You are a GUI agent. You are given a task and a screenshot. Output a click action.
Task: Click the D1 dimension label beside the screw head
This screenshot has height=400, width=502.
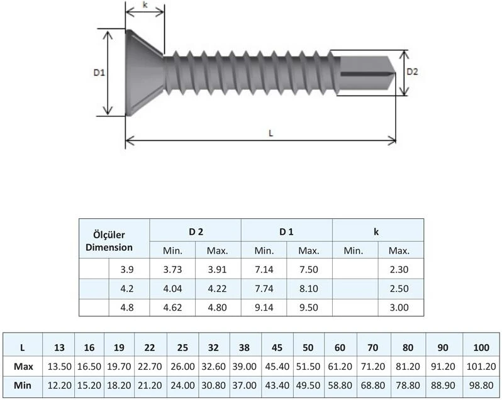coord(98,73)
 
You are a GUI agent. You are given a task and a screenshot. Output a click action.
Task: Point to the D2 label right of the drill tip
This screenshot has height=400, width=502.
coord(412,72)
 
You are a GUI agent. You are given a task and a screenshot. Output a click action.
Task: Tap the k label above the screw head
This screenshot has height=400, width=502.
coord(145,4)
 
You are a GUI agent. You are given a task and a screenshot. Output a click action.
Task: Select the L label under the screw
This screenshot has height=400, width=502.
coord(270,133)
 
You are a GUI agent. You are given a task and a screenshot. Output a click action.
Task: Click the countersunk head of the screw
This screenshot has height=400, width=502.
coord(143,72)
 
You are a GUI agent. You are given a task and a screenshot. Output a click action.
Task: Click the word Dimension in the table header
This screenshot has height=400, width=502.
coord(109,247)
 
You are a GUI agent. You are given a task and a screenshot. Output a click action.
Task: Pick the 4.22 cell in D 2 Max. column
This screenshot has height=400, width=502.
coord(218,289)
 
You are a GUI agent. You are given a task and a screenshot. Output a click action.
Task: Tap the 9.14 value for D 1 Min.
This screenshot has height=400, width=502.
coord(264,308)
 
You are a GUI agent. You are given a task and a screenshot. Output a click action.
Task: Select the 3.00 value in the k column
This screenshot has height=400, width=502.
coord(399,308)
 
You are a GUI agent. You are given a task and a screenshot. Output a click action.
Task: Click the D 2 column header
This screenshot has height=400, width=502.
coord(195,231)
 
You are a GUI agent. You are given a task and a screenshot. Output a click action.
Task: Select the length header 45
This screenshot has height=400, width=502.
coord(277,347)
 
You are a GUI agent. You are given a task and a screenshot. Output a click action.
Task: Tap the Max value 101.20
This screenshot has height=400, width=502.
coord(481,366)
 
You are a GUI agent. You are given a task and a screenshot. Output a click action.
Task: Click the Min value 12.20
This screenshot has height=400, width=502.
coord(59,385)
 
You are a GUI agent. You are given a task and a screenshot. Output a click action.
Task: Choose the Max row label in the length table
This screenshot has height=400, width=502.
coord(23,366)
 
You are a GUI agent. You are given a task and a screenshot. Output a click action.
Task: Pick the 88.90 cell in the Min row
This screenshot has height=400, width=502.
coord(444,385)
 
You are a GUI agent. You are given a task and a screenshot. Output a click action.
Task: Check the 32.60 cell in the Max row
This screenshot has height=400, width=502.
coord(215,366)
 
